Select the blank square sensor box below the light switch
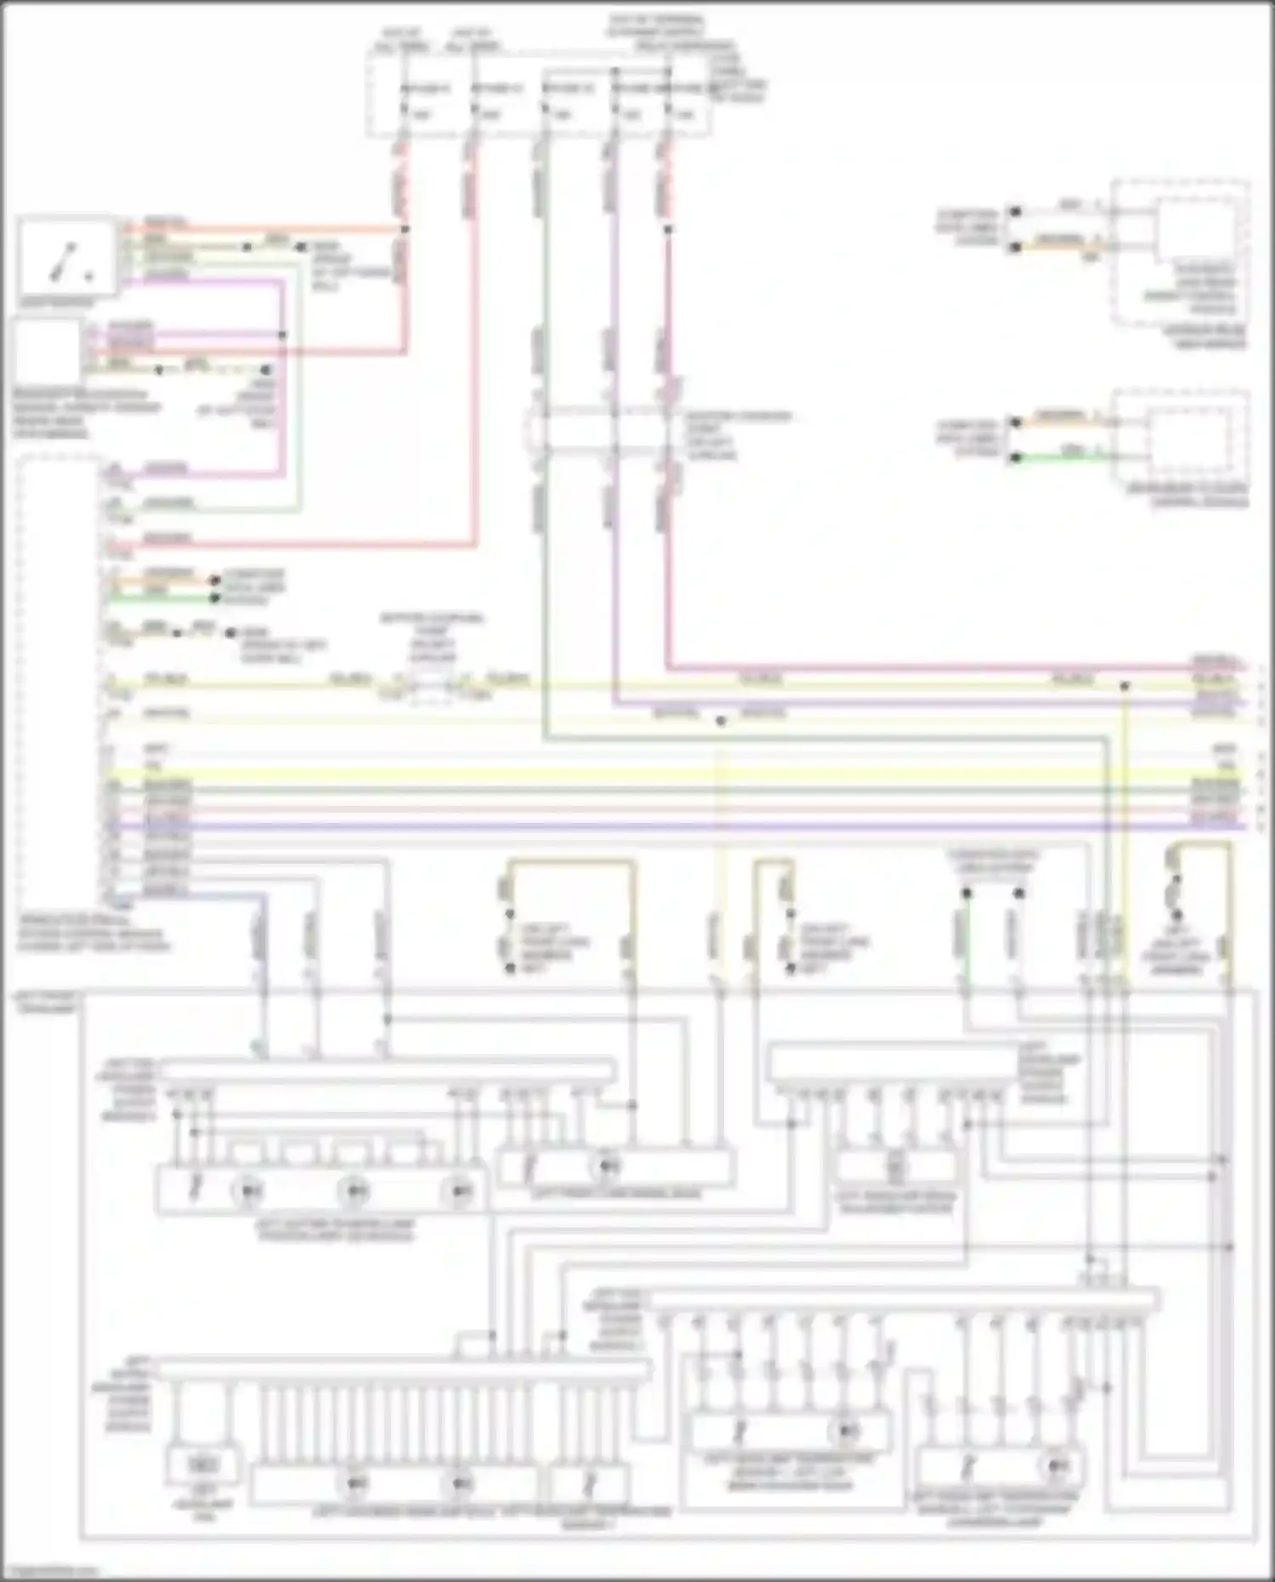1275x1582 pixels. click(47, 351)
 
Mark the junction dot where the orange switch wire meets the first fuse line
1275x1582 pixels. click(405, 230)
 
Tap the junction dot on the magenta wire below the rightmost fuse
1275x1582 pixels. click(668, 230)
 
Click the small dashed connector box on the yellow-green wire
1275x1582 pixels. click(432, 685)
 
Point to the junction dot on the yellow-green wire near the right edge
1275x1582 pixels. click(1124, 685)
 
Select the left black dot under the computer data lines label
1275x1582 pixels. click(966, 893)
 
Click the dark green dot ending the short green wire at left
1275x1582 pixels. click(215, 598)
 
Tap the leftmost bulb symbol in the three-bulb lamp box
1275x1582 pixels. click(247, 1191)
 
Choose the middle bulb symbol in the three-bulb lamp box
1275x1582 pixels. click(354, 1191)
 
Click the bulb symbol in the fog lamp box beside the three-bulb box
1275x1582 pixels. click(608, 1166)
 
